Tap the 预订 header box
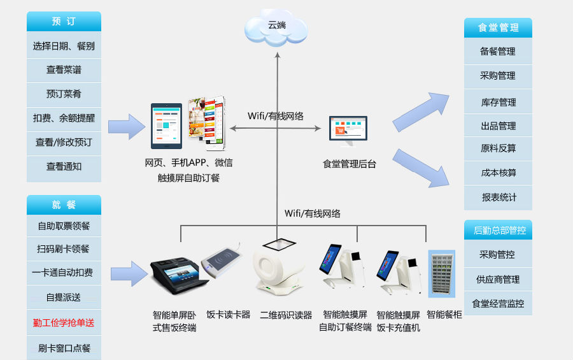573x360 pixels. [x=64, y=21]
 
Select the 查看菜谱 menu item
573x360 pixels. [x=64, y=69]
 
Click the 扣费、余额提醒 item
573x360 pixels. [x=64, y=118]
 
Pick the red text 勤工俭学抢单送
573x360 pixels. [x=64, y=323]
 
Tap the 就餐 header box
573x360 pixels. [x=64, y=205]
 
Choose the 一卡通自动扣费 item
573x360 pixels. [x=64, y=273]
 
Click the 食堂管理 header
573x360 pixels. [x=498, y=27]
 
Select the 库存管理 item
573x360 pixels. [x=498, y=102]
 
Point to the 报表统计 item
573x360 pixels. [x=498, y=198]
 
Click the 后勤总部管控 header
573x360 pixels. [x=498, y=230]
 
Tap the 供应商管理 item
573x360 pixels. [x=498, y=279]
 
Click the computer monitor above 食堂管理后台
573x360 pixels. [x=348, y=130]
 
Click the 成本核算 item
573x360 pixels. [x=498, y=173]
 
